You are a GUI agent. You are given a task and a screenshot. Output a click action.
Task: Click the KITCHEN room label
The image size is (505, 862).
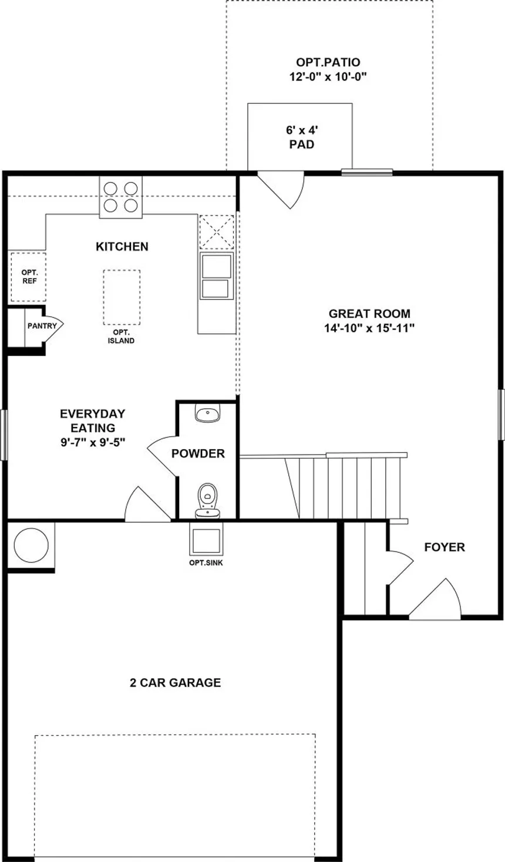coord(122,246)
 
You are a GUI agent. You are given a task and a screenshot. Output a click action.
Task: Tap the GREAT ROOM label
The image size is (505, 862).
coord(369,314)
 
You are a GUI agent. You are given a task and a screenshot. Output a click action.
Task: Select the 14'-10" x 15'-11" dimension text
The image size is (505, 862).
coord(369,328)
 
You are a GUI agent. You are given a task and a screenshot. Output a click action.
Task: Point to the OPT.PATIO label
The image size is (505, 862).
coord(328,62)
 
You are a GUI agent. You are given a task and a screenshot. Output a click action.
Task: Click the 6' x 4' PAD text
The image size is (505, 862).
coord(302,137)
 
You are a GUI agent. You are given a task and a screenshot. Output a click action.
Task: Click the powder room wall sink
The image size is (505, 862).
coord(207,413)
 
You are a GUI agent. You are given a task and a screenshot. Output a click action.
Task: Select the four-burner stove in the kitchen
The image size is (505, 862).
coord(121,197)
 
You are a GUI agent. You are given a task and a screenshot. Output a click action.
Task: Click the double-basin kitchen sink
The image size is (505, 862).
coord(216,275)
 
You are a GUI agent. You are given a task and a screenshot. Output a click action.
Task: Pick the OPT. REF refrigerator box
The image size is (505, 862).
coord(29,277)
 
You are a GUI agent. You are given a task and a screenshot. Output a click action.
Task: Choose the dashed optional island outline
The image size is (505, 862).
coord(122,297)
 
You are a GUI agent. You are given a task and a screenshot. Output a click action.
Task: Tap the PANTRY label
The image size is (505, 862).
coord(42,326)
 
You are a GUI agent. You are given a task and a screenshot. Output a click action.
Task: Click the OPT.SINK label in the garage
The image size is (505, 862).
coord(206,563)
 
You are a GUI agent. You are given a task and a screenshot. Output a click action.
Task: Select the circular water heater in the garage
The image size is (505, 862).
coord(31,545)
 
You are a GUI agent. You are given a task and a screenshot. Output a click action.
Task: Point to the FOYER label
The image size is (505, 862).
coord(445,547)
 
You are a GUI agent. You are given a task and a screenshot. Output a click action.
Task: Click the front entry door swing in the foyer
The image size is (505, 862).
coord(435,600)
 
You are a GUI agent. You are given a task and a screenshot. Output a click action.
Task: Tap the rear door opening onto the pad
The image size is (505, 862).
coord(281,190)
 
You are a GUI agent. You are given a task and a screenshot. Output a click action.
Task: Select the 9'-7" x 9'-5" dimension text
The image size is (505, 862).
coord(93,443)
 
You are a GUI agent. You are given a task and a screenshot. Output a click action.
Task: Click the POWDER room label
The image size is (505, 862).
coord(198,454)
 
